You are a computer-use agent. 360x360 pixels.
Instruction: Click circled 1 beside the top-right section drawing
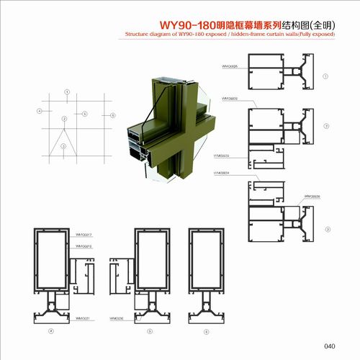click(326, 73)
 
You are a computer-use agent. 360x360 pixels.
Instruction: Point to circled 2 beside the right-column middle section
click(326, 127)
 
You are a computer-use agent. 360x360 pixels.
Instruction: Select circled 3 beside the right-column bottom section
click(326, 229)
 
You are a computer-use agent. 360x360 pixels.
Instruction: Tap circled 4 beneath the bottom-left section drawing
click(50, 330)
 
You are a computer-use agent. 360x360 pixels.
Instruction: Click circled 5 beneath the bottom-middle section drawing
click(149, 330)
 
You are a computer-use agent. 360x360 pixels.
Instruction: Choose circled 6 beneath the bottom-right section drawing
click(207, 330)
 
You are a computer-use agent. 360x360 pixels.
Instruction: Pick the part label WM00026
click(312, 195)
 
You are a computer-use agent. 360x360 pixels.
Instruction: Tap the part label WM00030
click(117, 317)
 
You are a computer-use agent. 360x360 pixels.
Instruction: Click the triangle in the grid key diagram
click(64, 134)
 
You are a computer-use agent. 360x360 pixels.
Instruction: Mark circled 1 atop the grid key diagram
click(67, 91)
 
